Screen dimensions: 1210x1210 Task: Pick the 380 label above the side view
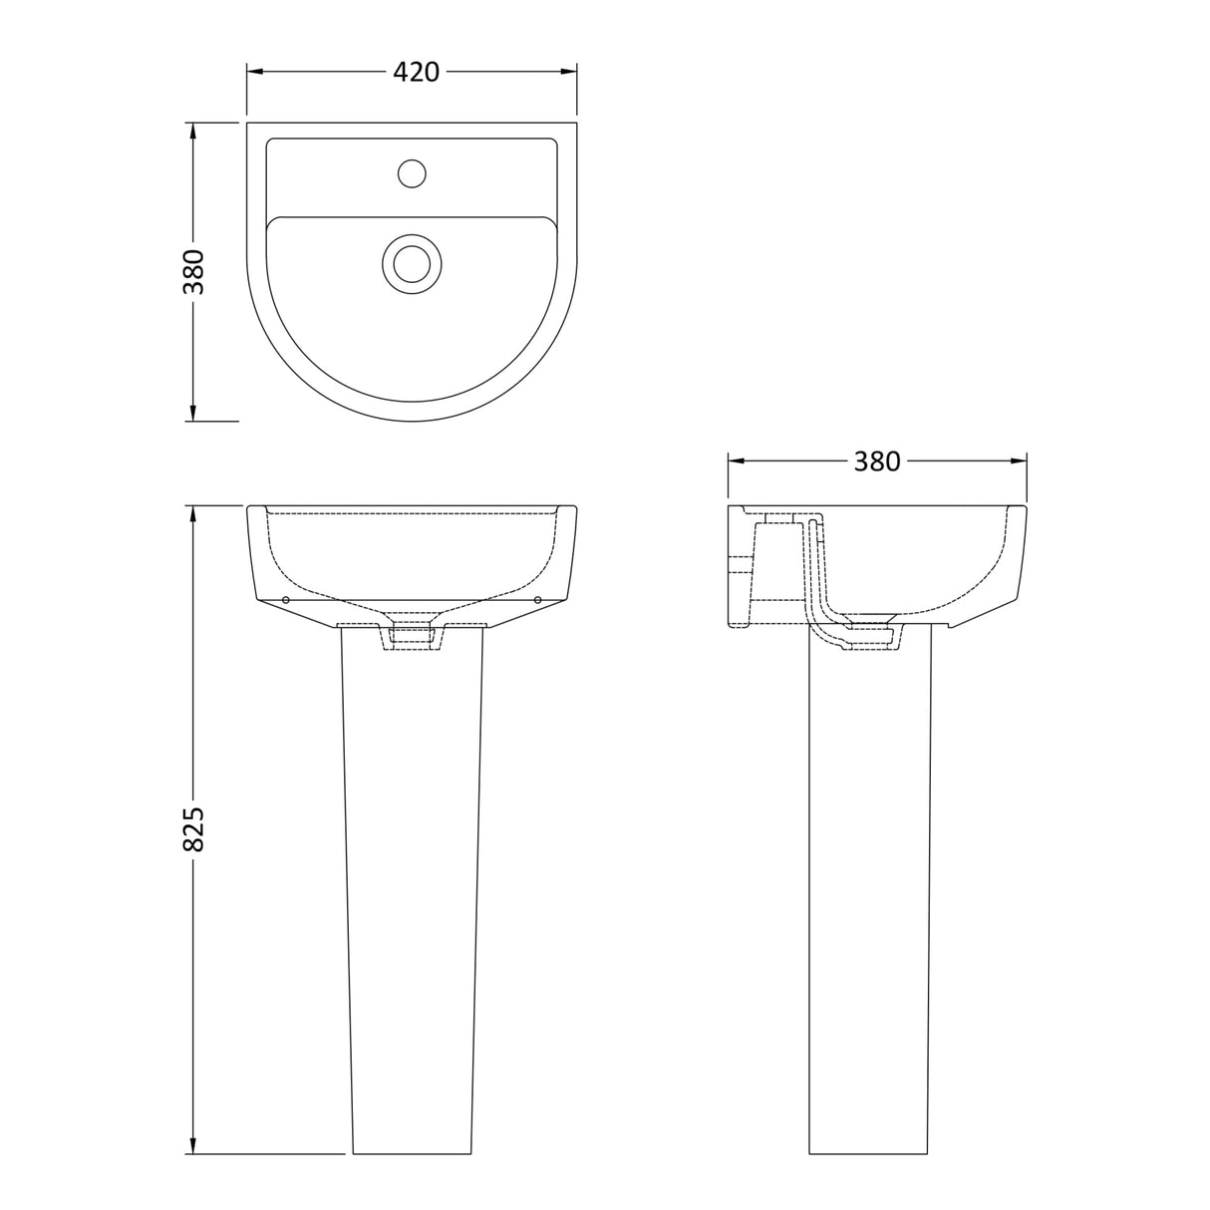coord(876,461)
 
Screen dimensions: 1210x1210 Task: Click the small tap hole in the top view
coord(412,173)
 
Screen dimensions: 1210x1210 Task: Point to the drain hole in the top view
coord(411,263)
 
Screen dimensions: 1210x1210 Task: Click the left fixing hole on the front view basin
coord(286,599)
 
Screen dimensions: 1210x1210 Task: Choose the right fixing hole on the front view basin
coord(538,599)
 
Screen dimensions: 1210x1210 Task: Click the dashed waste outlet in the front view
coord(412,636)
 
